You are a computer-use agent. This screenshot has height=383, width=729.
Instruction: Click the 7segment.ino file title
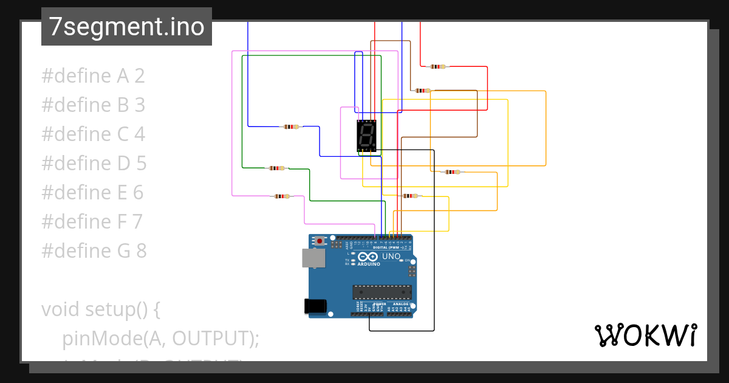tap(126, 27)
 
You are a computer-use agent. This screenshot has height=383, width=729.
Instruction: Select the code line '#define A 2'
tap(93, 76)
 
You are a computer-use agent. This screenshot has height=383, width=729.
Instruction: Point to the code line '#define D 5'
tap(94, 164)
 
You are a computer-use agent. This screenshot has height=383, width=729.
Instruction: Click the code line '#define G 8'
tap(94, 250)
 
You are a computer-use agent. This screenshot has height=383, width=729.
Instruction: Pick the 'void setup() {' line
tap(100, 309)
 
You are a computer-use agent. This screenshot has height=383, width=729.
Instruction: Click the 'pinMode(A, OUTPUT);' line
tap(160, 338)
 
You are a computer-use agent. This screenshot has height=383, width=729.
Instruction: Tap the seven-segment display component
tap(367, 135)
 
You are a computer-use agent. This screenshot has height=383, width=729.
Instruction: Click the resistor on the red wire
tap(437, 66)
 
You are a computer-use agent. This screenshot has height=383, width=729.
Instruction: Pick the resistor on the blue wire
tap(292, 127)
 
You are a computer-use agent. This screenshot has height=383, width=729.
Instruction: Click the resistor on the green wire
tap(277, 168)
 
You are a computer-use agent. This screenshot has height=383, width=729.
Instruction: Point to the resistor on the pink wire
tap(281, 196)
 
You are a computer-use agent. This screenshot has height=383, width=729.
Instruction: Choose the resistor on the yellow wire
tap(411, 196)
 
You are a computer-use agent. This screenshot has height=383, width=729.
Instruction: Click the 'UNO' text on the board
tap(391, 257)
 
